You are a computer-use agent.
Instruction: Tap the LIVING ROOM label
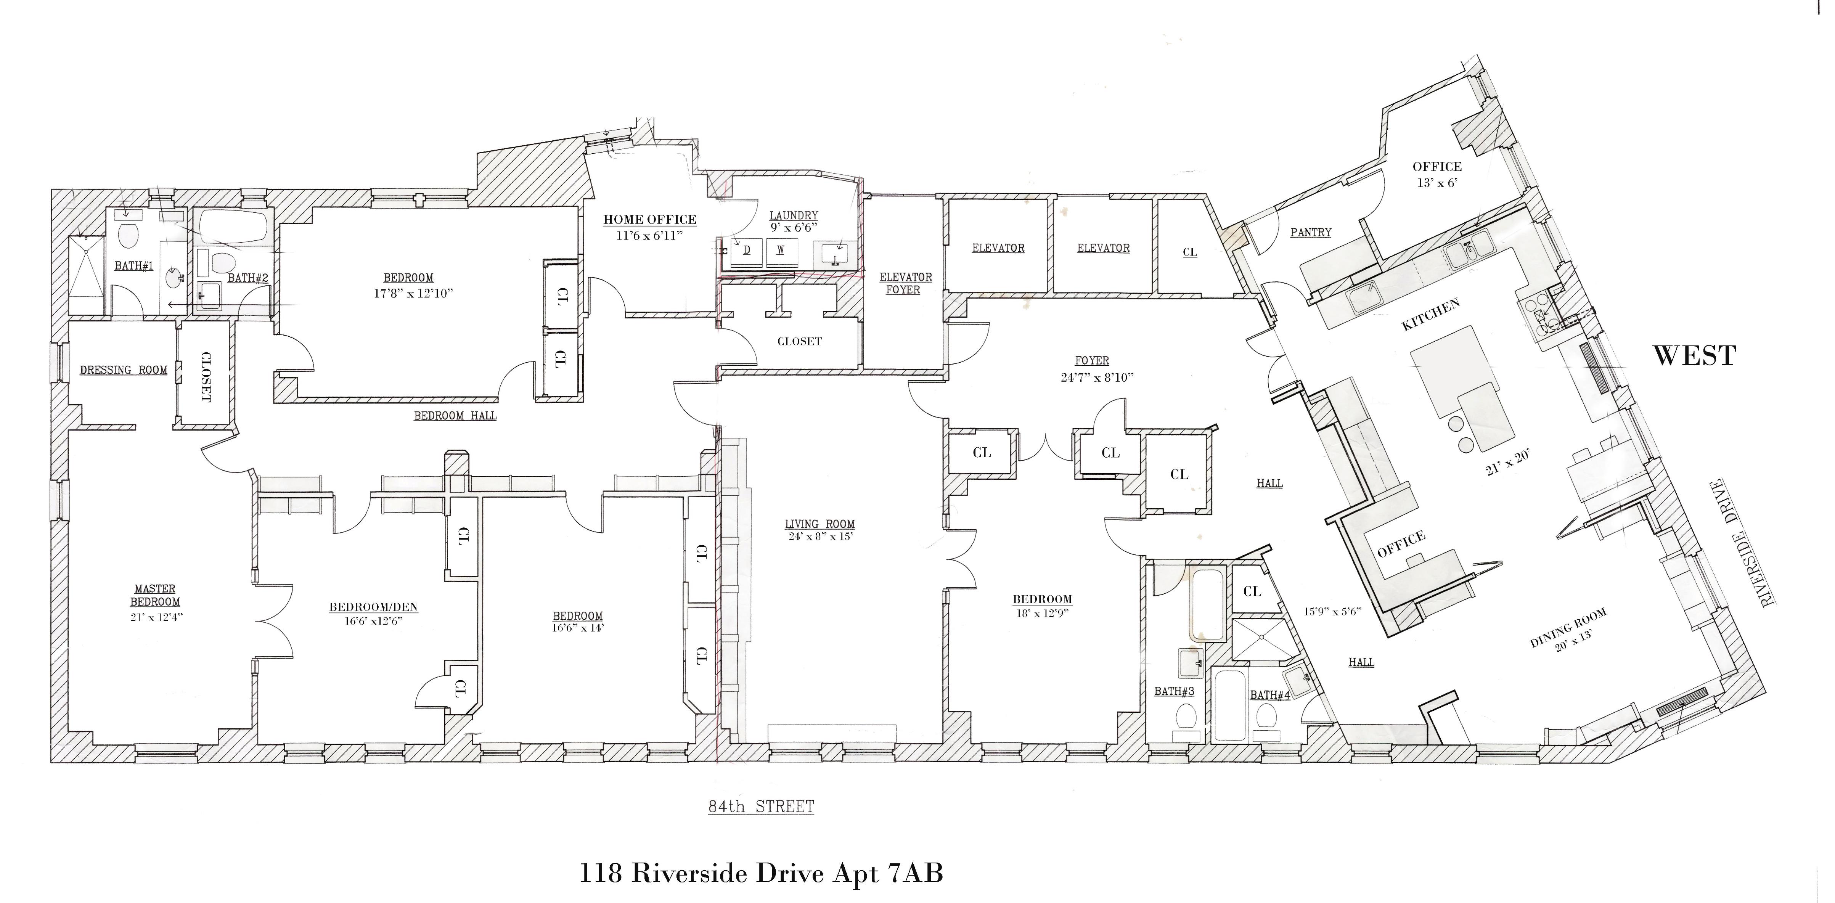coord(819,524)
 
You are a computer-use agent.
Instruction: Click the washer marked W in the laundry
coord(781,251)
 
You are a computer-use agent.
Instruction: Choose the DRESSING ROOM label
coord(123,370)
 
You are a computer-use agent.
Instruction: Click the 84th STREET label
coord(761,807)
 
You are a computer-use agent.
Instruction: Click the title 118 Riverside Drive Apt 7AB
coord(761,873)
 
